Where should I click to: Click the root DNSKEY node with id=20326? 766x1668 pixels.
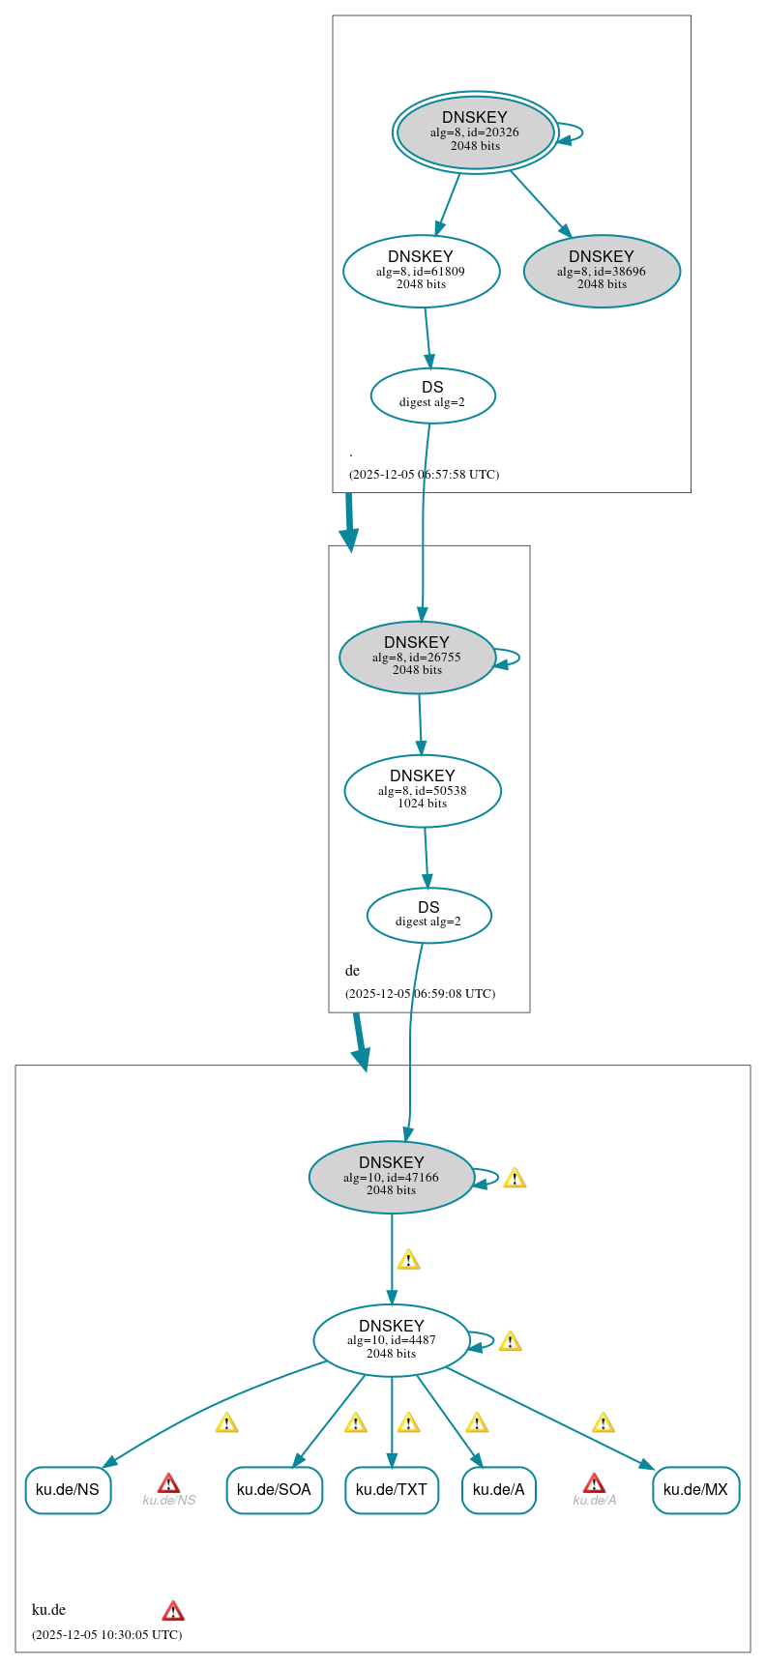475,132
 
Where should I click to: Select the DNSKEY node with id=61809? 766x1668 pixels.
421,271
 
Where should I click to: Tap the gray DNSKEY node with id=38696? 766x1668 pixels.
602,271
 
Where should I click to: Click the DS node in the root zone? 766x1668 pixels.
432,395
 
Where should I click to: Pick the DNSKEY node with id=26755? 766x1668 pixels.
417,657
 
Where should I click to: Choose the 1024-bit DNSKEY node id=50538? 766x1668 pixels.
423,790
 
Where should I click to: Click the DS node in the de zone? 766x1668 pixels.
428,914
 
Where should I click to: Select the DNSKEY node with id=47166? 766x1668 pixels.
392,1177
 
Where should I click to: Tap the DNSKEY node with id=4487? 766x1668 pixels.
392,1340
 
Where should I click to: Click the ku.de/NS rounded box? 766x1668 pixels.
68,1489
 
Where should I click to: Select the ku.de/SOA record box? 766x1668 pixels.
274,1489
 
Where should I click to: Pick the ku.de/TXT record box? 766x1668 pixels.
392,1489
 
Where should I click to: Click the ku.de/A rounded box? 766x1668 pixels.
498,1489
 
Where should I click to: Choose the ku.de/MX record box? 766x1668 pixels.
695,1489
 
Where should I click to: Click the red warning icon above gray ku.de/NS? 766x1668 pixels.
168,1483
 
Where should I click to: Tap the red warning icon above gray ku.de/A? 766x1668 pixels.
594,1483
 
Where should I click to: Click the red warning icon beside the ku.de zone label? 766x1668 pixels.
173,1610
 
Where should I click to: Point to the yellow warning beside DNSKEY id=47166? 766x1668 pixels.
515,1178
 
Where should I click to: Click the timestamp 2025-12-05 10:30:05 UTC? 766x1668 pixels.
106,1634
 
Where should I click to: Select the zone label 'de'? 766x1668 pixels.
352,971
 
